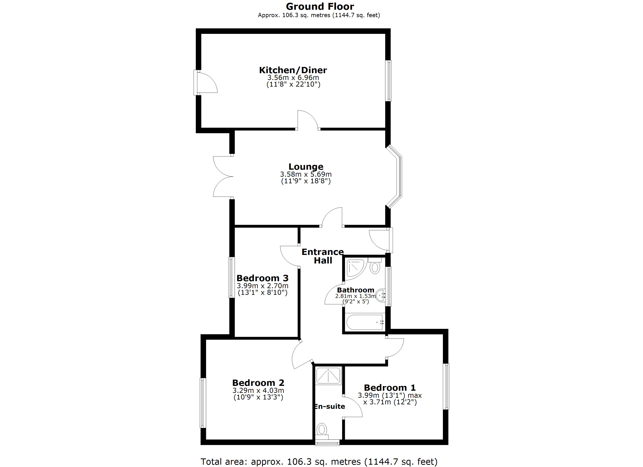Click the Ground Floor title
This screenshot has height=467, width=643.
coord(320,6)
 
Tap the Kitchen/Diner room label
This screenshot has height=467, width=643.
coord(293,70)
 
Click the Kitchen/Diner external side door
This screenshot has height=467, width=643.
coord(206,83)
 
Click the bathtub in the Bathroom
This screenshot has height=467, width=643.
coord(365,322)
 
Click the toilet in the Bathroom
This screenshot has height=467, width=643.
coord(375,267)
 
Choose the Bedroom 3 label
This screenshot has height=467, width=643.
coord(262,278)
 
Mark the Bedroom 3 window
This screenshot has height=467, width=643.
coord(232,277)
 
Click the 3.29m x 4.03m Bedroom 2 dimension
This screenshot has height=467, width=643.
coord(258,391)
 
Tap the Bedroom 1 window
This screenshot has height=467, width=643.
coord(446,387)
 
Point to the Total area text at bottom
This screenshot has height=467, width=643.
coord(319,462)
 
